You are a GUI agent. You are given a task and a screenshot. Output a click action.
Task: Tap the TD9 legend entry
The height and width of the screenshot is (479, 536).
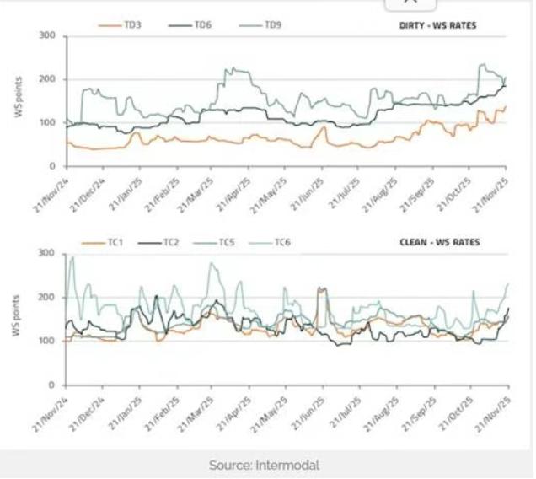click(272, 25)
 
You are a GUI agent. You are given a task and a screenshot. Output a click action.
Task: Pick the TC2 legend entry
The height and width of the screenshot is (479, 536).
click(169, 243)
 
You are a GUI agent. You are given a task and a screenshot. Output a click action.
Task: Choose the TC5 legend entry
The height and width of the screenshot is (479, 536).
click(226, 243)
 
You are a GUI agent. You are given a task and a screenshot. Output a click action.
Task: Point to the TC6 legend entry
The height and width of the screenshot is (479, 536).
click(282, 243)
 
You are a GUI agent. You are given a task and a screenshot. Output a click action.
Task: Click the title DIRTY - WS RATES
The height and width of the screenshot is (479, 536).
click(437, 25)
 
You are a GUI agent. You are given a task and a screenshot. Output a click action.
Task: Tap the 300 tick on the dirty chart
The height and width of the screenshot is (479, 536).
click(48, 36)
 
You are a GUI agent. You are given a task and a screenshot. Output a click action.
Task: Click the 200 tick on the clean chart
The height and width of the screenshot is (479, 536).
click(48, 298)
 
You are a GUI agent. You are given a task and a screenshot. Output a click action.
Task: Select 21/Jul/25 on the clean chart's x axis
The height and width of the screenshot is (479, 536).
click(346, 411)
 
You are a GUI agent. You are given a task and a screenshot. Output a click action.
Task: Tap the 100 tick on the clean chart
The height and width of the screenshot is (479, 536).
click(48, 342)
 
